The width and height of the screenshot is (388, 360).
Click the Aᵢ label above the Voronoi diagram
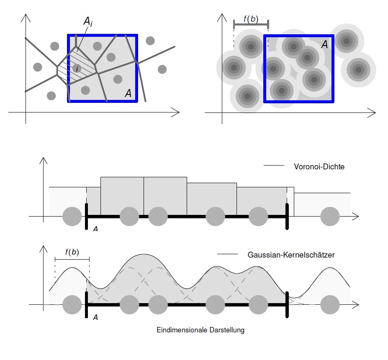pyautogui.click(x=88, y=22)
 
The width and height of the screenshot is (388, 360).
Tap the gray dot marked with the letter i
pyautogui.click(x=77, y=68)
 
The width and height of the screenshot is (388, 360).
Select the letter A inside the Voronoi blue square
pyautogui.click(x=128, y=93)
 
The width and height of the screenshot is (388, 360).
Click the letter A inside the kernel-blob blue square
pyautogui.click(x=324, y=44)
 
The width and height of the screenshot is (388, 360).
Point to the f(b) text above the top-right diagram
pyautogui.click(x=251, y=19)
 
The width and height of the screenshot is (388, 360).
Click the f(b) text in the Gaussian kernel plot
pyautogui.click(x=72, y=252)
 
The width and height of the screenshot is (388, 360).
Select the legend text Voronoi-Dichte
pyautogui.click(x=319, y=167)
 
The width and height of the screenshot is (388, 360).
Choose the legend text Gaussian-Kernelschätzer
pyautogui.click(x=291, y=255)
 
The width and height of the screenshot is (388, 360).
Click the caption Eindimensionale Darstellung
pyautogui.click(x=200, y=330)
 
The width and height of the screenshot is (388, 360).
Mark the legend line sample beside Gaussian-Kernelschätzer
pyautogui.click(x=227, y=254)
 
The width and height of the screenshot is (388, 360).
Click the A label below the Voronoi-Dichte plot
pyautogui.click(x=95, y=229)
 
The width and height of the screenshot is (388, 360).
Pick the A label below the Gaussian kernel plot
pyautogui.click(x=95, y=317)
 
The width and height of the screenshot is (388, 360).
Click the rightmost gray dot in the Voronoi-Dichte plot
pyautogui.click(x=330, y=217)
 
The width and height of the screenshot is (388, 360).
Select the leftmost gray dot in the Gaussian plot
pyautogui.click(x=72, y=305)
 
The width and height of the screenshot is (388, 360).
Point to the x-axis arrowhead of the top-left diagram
pyautogui.click(x=179, y=112)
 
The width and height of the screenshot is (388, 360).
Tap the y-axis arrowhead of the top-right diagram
pyautogui.click(x=222, y=14)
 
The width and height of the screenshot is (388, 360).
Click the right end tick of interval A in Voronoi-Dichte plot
pyautogui.click(x=287, y=217)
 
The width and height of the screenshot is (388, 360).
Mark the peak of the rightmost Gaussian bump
pyautogui.click(x=330, y=268)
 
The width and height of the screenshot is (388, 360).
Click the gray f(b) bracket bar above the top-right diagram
pyautogui.click(x=251, y=25)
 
